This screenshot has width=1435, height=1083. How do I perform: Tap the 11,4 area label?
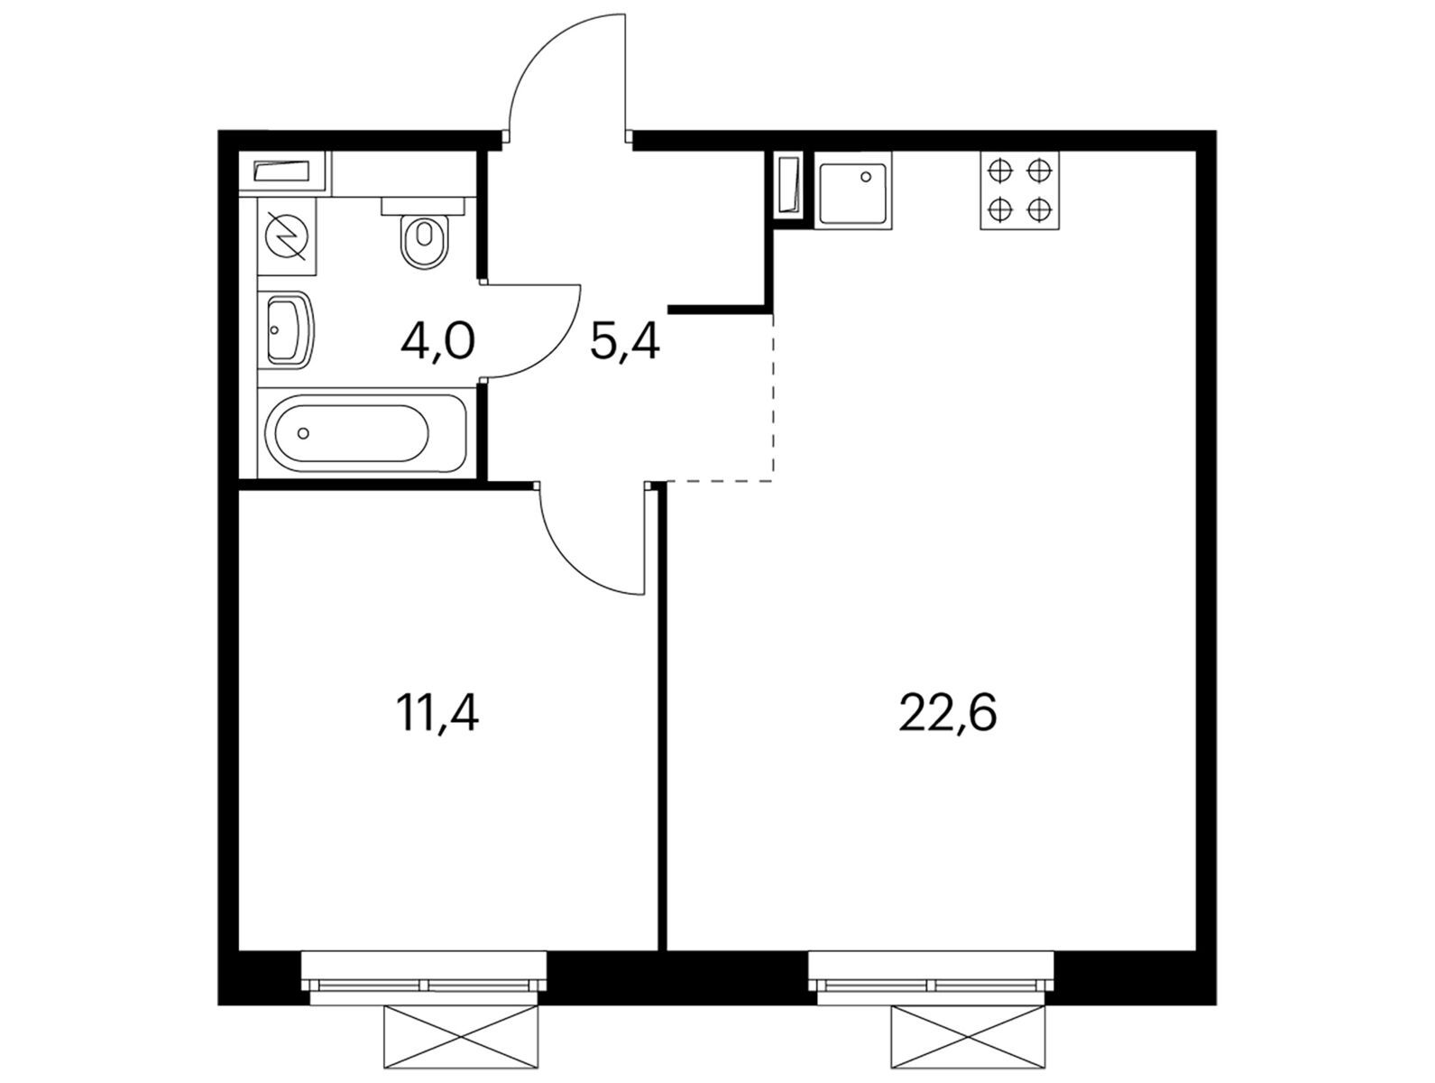[x=437, y=713]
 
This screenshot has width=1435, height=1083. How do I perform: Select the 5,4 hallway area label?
[x=624, y=341]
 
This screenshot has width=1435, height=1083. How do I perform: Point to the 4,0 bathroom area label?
[x=437, y=341]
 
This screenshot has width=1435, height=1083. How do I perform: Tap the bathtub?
[x=367, y=432]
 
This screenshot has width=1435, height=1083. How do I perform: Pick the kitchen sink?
[x=852, y=190]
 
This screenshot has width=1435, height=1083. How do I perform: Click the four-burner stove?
[x=1019, y=190]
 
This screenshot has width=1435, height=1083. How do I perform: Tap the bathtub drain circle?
[x=303, y=433]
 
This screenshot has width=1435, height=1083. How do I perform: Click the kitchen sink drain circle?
[x=866, y=177]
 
